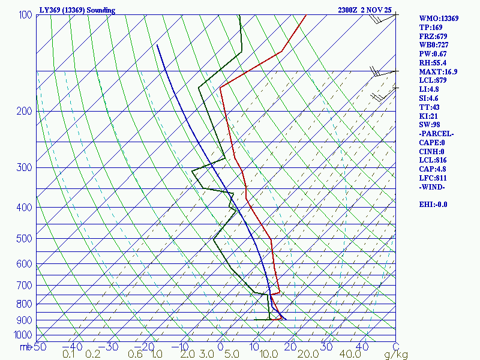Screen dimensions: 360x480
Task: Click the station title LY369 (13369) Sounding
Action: point(77,10)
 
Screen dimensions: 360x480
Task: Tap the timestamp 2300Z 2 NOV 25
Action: point(365,10)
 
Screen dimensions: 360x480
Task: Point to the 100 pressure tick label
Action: point(25,15)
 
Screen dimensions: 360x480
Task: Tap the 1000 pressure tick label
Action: point(23,334)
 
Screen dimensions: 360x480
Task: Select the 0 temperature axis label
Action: point(220,346)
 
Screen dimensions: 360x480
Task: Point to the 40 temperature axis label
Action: point(362,346)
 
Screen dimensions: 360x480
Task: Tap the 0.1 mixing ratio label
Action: point(68,355)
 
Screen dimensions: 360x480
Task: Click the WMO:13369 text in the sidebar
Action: point(439,19)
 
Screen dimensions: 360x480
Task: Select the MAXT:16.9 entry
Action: point(438,72)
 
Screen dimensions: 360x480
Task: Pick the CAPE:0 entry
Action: point(432,143)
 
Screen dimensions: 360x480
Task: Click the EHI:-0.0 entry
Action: point(433,205)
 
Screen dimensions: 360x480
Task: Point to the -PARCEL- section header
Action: point(437,134)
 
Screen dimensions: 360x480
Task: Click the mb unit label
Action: point(25,346)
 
